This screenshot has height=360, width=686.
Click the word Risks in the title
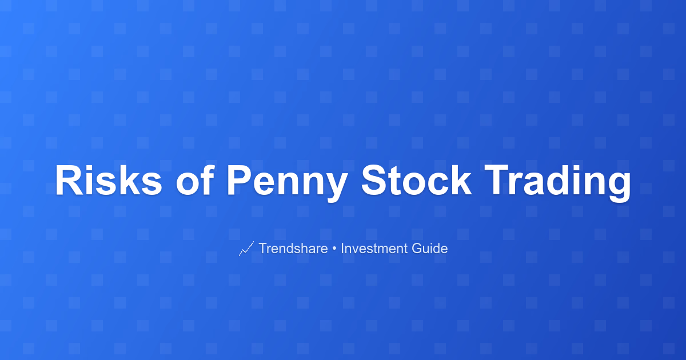pos(109,180)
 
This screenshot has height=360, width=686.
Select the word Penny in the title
pos(287,183)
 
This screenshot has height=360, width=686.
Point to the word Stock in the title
pos(417,180)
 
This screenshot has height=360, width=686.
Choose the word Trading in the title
pos(558,183)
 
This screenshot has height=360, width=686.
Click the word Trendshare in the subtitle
pos(293,248)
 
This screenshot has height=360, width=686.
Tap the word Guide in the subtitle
pos(430,248)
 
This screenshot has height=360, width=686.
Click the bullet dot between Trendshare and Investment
pos(334,249)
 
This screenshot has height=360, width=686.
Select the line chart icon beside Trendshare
pos(246,249)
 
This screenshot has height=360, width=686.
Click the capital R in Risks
pos(69,180)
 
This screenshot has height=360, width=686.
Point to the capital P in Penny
pos(240,180)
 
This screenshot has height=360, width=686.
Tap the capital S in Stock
pos(375,180)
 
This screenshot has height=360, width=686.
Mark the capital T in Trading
pos(498,180)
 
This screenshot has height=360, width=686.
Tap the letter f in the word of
pos(207,179)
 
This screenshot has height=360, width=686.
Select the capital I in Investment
pos(342,248)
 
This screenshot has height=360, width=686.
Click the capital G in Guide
pos(417,248)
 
